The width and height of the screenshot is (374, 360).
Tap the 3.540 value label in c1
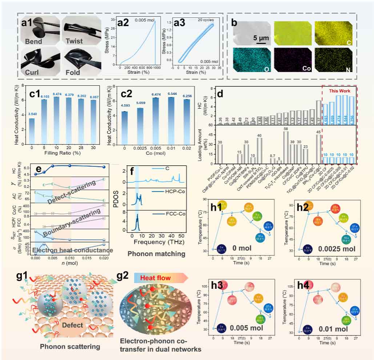32,114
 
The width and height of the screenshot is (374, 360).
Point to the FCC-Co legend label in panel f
172,213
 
